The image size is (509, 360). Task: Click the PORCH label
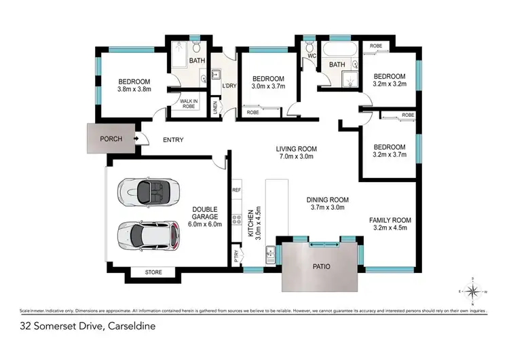(111, 139)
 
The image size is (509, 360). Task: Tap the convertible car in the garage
(148, 192)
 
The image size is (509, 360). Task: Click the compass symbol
(474, 291)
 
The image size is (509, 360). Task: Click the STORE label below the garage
(153, 273)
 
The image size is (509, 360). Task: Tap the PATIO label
(320, 267)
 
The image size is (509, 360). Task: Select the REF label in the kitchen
(237, 191)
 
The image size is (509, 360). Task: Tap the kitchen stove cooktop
(237, 219)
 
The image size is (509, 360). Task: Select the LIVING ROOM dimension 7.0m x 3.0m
(297, 157)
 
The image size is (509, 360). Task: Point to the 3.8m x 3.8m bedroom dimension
(133, 88)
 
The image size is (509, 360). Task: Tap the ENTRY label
(174, 140)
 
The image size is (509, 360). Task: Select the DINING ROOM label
(327, 200)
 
